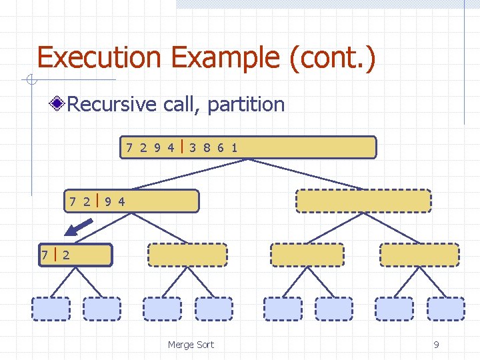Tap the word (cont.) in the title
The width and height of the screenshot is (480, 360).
tap(332, 58)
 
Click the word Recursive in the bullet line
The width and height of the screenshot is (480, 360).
tap(110, 105)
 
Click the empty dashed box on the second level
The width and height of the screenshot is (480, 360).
tap(363, 201)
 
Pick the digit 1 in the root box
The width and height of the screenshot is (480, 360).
tap(235, 147)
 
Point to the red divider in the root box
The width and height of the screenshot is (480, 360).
tap(182, 147)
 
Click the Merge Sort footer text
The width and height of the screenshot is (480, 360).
tap(191, 345)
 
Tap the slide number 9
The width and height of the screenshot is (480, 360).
tap(436, 345)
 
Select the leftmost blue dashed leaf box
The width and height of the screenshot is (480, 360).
tap(51, 309)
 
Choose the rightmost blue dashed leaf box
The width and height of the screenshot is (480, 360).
tap(445, 309)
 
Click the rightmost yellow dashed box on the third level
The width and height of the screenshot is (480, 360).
tap(419, 255)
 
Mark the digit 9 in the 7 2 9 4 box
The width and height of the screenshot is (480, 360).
tap(108, 201)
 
